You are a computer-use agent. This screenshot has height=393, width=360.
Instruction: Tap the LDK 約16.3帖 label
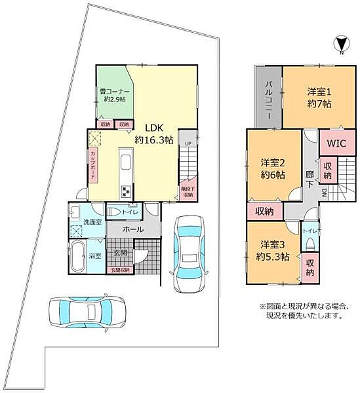click(x=153, y=134)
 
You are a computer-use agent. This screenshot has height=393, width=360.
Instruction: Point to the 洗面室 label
click(x=91, y=223)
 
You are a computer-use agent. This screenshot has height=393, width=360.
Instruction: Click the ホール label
click(x=133, y=230)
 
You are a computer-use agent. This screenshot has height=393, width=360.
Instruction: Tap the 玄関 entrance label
click(x=121, y=253)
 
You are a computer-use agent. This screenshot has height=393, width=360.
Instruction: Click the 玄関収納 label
click(x=119, y=270)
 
